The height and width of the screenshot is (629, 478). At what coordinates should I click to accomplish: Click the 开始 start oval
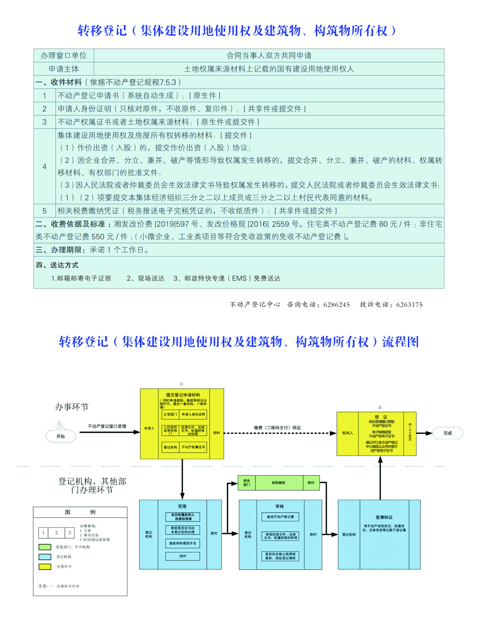(x=61, y=436)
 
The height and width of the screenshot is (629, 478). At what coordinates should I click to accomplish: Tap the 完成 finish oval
(x=447, y=433)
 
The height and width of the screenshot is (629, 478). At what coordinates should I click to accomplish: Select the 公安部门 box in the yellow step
(x=170, y=414)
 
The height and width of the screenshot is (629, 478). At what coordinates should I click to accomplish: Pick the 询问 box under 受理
(x=183, y=556)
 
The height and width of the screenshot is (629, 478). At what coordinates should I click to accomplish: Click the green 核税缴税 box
(x=279, y=482)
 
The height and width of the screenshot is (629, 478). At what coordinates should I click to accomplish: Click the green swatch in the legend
(x=45, y=547)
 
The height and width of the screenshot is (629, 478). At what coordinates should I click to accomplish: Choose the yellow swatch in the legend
(x=45, y=566)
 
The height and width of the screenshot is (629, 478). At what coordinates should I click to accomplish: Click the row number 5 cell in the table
(x=44, y=211)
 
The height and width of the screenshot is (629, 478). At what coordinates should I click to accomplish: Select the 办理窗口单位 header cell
(x=64, y=56)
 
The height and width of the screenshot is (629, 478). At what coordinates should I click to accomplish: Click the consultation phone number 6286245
(x=336, y=305)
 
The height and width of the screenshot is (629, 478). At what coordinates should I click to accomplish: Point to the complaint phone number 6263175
(x=409, y=305)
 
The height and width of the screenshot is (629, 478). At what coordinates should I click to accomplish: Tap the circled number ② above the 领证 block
(x=379, y=407)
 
